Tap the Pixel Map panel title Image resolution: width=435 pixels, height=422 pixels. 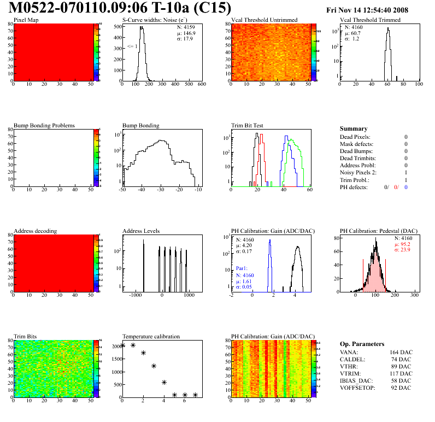pyautogui.click(x=26, y=20)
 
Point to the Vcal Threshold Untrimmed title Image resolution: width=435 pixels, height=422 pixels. pyautogui.click(x=264, y=20)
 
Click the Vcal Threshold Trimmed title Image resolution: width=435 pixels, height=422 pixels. pyautogui.click(x=370, y=20)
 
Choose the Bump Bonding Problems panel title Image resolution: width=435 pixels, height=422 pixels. pyautogui.click(x=44, y=126)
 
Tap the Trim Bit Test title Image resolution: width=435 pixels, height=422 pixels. pyautogui.click(x=248, y=126)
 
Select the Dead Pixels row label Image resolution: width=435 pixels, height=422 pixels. pyautogui.click(x=355, y=137)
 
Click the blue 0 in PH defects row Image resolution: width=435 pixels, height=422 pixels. pyautogui.click(x=406, y=187)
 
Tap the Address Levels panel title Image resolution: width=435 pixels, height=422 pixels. pyautogui.click(x=141, y=231)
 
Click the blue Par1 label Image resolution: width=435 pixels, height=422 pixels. pyautogui.click(x=242, y=269)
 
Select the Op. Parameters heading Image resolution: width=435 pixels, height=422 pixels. pyautogui.click(x=362, y=344)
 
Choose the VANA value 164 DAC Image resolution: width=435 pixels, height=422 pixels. pyautogui.click(x=402, y=353)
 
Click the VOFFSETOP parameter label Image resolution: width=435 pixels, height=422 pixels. pyautogui.click(x=358, y=388)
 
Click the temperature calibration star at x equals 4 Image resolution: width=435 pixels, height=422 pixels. pyautogui.click(x=164, y=383)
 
